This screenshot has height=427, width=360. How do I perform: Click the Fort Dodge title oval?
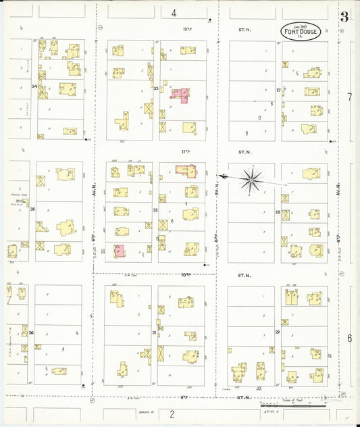[x=301, y=31]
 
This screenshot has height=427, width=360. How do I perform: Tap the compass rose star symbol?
[x=251, y=179]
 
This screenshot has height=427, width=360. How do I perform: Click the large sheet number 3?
[x=344, y=17]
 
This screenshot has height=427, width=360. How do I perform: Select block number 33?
[x=155, y=89]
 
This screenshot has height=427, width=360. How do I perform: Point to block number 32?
[x=155, y=210]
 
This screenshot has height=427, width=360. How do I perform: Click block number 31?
[x=155, y=332]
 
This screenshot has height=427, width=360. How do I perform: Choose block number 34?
[x=33, y=87]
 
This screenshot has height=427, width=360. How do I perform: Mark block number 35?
[x=32, y=210]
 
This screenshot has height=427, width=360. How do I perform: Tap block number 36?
[x=31, y=332]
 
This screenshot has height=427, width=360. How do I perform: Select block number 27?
[x=278, y=89]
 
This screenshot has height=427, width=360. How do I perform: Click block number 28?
[x=278, y=212]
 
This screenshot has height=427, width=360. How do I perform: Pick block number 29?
[x=277, y=332]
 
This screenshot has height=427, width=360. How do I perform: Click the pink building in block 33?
[x=180, y=94]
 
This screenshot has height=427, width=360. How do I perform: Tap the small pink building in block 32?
[x=120, y=251]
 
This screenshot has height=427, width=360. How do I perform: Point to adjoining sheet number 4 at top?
[x=174, y=13]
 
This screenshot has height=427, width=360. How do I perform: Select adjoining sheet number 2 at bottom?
[x=172, y=413]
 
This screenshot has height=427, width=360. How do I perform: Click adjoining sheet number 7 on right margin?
[x=349, y=97]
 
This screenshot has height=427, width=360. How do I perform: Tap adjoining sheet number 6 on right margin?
[x=349, y=338]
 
